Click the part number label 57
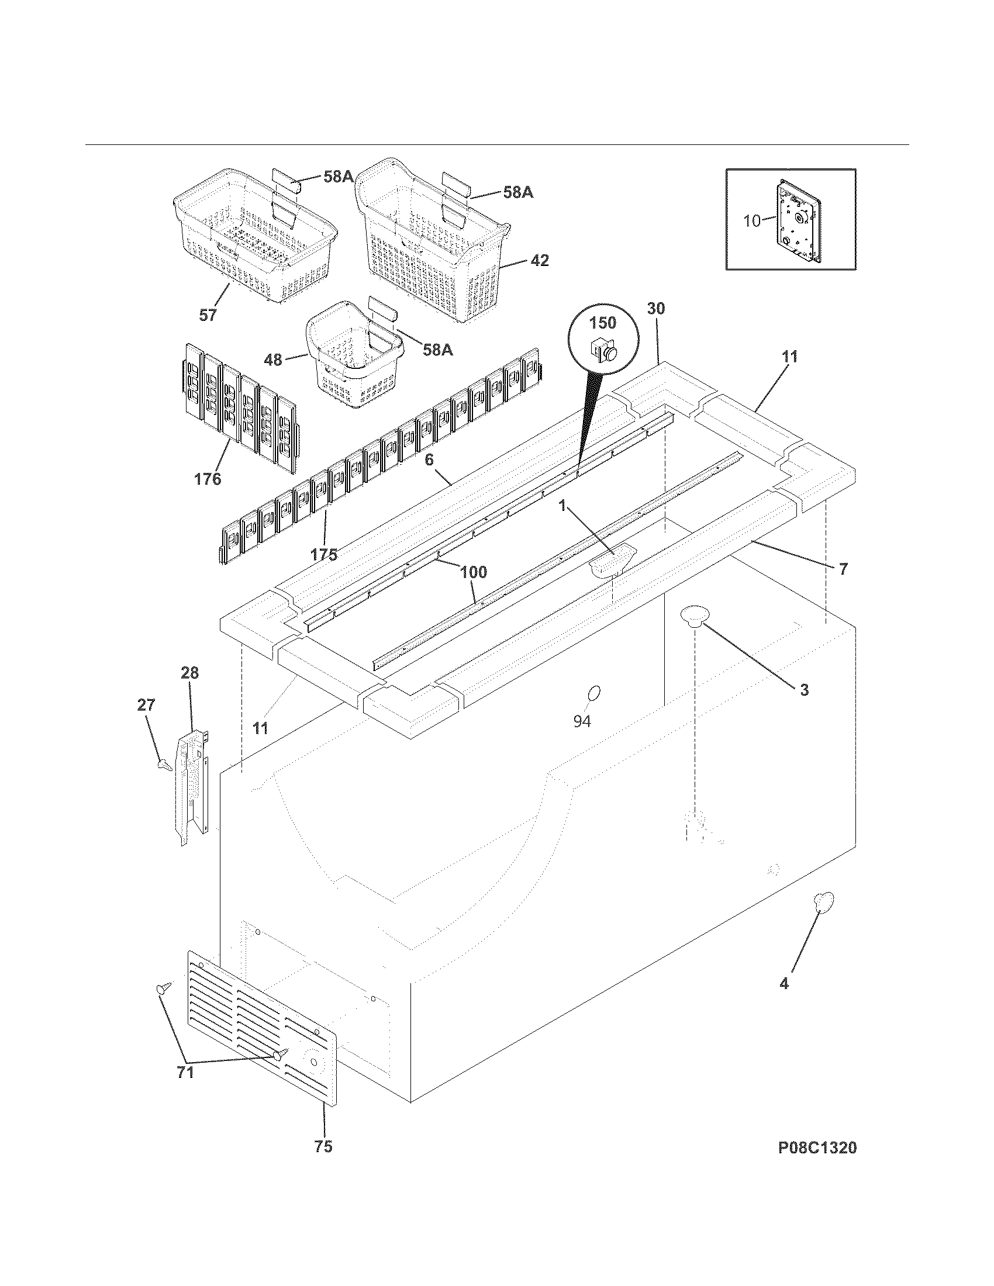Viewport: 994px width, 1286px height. [208, 315]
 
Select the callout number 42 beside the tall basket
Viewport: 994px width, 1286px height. [539, 260]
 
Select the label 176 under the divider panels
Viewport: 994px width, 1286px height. [208, 479]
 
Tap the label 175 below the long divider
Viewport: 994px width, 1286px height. [324, 554]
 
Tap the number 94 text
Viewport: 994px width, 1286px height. [582, 721]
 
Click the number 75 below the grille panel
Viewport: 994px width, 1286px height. [323, 1163]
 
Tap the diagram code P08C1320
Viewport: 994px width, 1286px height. [817, 1164]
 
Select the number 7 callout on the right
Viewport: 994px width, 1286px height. [843, 569]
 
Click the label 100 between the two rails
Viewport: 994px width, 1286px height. [474, 572]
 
